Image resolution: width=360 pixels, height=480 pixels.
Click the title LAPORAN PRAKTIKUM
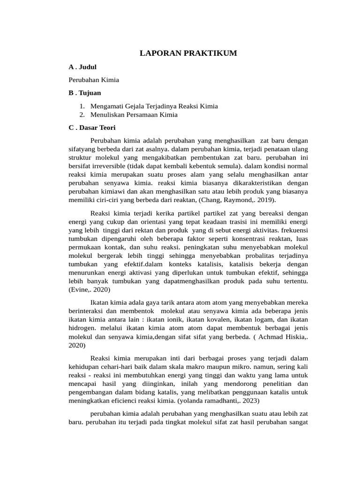click(188, 53)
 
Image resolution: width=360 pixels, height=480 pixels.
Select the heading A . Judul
click(82, 67)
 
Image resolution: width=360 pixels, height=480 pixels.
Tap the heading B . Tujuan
click(85, 93)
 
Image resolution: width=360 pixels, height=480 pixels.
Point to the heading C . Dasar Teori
click(95, 127)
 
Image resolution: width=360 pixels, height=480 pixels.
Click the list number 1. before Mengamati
click(82, 106)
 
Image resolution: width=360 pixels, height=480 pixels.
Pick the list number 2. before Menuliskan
click(82, 114)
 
